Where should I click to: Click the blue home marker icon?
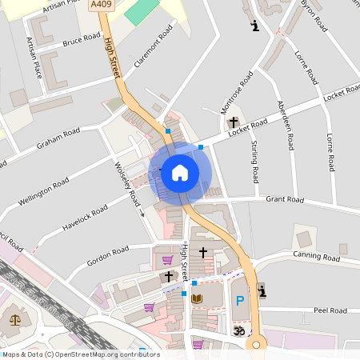[179, 172]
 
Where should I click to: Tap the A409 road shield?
[101, 5]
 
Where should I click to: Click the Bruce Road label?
[82, 39]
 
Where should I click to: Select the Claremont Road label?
[154, 46]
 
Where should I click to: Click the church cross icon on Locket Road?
[234, 123]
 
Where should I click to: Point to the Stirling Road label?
[254, 160]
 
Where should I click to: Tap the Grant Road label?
[285, 199]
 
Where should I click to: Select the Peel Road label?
[330, 310]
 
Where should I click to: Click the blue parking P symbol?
[238, 301]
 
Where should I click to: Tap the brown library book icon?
[197, 299]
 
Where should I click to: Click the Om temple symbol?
[237, 330]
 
